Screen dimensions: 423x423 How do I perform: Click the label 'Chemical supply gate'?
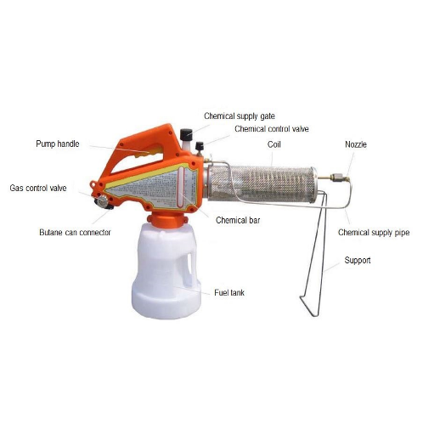coord(240,116)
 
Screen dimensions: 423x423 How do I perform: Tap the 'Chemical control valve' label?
coord(272,129)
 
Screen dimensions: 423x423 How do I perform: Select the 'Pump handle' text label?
coord(58,144)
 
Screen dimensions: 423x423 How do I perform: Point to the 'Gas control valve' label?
coord(38,188)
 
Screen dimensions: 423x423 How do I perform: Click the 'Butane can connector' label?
coord(75,233)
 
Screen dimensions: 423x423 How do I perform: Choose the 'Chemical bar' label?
coord(238,220)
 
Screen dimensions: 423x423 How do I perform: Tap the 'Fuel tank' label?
coord(229,292)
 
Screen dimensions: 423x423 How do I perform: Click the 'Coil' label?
coord(274,144)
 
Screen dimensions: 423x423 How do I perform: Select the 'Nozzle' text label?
coord(356,144)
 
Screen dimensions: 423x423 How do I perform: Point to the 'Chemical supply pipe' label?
coord(374,233)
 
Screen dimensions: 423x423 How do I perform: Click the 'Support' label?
coord(358,260)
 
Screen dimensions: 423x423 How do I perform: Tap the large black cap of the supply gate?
coord(186,134)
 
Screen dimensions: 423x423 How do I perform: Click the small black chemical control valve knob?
coord(200,146)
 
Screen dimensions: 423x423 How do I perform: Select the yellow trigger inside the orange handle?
coord(149,151)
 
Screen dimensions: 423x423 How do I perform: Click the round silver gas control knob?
coord(101,201)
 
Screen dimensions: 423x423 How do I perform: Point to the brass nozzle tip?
coord(339,178)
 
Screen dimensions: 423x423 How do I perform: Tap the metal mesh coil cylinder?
coord(262,184)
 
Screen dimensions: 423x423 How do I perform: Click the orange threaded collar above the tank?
coord(167,220)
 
